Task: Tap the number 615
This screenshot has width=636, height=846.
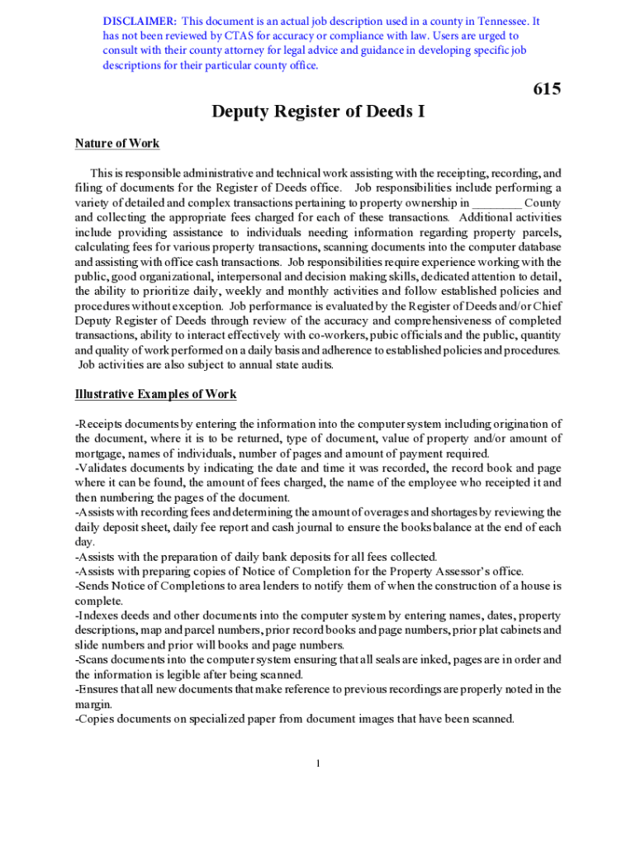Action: click(547, 88)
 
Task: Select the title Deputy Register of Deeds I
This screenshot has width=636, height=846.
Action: click(318, 111)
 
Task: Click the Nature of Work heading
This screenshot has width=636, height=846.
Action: click(117, 144)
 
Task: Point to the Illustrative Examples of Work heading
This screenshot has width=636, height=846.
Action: click(156, 394)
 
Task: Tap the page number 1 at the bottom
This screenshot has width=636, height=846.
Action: click(318, 763)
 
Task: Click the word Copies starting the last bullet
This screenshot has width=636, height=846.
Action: click(98, 719)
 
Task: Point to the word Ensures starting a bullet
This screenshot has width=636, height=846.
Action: click(100, 689)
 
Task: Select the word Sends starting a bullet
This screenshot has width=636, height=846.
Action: click(95, 586)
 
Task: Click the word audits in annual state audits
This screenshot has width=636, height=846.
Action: click(316, 366)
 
